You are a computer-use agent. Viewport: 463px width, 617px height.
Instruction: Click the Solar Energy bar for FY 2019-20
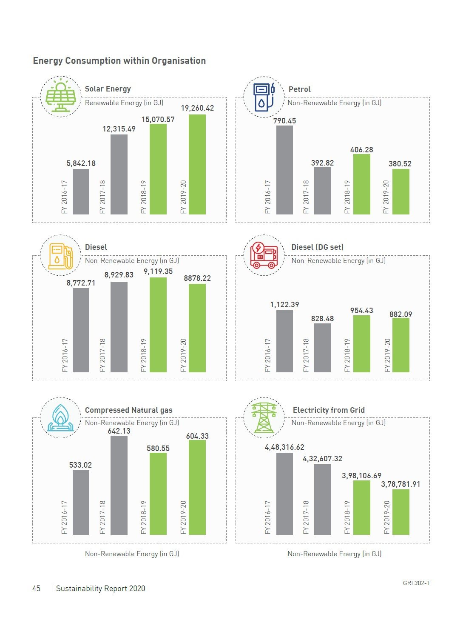(197, 164)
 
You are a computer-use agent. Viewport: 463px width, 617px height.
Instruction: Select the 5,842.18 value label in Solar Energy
(81, 163)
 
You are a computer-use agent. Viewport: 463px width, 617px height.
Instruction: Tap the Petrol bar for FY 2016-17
(284, 170)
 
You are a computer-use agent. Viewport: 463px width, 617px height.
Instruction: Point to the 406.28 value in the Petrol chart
(361, 150)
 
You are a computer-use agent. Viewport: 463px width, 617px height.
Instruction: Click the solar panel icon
(61, 97)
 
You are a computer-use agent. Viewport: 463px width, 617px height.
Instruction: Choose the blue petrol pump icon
(264, 97)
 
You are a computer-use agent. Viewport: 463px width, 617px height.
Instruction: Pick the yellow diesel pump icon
(60, 256)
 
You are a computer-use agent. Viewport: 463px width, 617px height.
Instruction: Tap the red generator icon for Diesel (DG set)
(264, 255)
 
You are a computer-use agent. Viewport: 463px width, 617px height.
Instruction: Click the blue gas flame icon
(60, 418)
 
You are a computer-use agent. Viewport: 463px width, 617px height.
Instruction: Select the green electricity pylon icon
(264, 417)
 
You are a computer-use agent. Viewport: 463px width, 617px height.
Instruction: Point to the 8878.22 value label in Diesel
(197, 278)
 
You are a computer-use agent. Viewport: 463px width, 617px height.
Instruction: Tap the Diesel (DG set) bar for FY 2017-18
(322, 348)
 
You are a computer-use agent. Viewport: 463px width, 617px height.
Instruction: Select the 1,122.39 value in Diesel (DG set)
(284, 305)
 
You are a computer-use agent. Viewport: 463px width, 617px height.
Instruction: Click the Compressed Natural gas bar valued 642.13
(119, 485)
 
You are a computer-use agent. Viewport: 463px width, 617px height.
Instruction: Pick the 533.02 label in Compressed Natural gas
(80, 465)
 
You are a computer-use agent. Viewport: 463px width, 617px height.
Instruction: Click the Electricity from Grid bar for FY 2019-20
(401, 512)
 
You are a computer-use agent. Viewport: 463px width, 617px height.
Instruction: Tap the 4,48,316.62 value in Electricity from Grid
(284, 447)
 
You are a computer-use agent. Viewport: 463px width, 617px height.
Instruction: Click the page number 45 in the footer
(37, 588)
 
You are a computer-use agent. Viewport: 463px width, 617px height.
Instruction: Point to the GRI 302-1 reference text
(416, 583)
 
